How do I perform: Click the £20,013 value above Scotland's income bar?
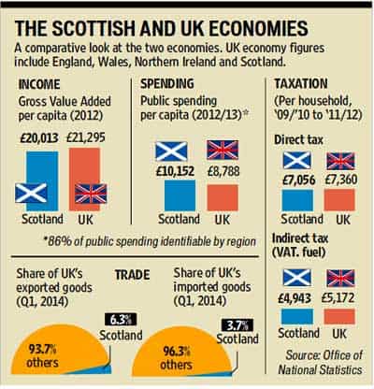[39, 137]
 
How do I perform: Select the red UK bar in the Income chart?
[84, 180]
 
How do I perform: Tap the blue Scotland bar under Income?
[42, 181]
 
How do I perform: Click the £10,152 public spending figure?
[175, 171]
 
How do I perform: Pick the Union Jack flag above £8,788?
[223, 150]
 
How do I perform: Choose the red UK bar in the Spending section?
[223, 197]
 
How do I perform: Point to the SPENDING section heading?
[167, 83]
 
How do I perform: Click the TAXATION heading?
[301, 83]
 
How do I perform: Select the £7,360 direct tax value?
[341, 180]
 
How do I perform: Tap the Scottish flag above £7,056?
[297, 160]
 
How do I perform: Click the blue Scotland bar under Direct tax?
[297, 200]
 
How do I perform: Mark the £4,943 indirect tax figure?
[295, 298]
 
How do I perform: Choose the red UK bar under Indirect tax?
[339, 316]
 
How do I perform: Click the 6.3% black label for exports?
[120, 320]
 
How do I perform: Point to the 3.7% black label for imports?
[237, 325]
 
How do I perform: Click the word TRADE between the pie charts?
[133, 275]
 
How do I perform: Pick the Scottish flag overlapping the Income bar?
[31, 194]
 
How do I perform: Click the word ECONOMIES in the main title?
[258, 29]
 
